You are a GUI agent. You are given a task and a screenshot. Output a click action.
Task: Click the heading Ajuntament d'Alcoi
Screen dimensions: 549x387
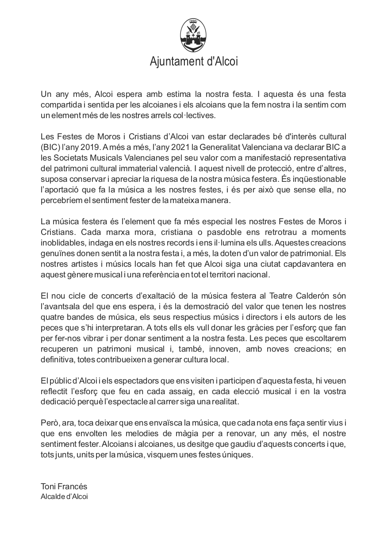194,61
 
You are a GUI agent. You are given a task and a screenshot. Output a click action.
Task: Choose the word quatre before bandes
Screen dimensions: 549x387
53,317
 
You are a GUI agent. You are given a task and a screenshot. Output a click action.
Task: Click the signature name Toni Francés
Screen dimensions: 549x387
64,487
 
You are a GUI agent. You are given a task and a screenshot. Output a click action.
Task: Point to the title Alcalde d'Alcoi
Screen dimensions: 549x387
64,496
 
